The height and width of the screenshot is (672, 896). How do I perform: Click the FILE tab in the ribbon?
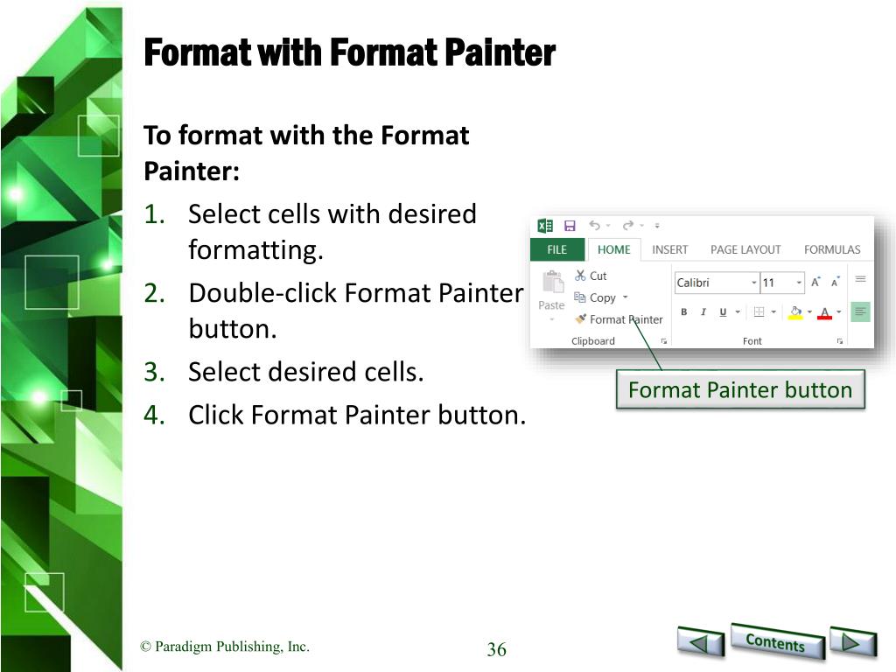pos(557,249)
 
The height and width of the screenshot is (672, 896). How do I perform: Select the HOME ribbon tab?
pos(613,249)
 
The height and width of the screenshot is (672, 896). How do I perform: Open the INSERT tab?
pos(669,249)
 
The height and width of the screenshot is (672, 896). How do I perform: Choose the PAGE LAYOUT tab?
pos(745,249)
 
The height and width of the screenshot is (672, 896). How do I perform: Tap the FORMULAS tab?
pos(832,249)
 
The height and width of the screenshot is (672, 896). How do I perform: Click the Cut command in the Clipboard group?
pos(591,276)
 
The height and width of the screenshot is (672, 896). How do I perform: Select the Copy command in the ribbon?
pos(600,297)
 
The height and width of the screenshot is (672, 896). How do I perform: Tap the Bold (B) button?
pos(683,312)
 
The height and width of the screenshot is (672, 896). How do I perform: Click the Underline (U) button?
pos(723,312)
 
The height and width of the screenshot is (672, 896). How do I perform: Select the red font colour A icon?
pos(824,313)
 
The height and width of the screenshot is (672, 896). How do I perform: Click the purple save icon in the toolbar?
pos(570,226)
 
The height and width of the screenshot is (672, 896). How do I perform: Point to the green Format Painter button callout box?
pos(740,389)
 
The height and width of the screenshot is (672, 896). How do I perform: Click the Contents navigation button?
pos(776,641)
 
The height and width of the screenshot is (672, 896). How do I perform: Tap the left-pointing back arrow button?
pos(701,641)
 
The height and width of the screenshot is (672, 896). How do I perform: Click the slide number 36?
pos(497,649)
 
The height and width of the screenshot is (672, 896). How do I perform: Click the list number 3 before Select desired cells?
pos(154,372)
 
